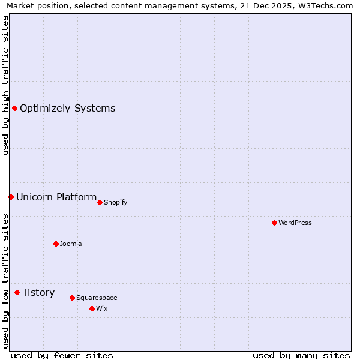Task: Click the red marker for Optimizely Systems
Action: (14, 108)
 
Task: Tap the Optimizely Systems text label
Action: (67, 109)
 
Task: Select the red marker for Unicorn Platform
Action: (11, 197)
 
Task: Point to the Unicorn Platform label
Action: (56, 197)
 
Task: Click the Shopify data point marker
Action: (100, 202)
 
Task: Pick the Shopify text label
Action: (115, 202)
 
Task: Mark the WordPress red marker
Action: (274, 223)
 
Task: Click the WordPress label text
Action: (295, 223)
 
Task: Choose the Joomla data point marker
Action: (56, 244)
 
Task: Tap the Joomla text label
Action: (71, 244)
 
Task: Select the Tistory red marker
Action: (17, 292)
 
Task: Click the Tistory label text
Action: (38, 293)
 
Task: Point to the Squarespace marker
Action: (72, 298)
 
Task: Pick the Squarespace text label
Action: (97, 298)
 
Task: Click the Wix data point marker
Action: (92, 308)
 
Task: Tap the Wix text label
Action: (101, 308)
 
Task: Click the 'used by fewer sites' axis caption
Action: (62, 355)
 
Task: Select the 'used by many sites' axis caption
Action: (301, 355)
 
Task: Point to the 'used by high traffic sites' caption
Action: (5, 85)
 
